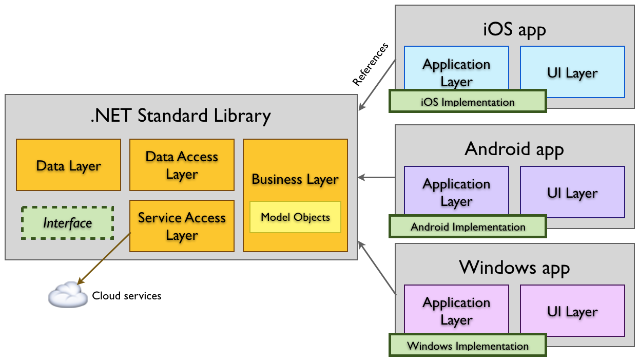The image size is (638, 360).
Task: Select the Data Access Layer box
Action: click(x=182, y=165)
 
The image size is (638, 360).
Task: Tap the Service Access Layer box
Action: click(x=182, y=226)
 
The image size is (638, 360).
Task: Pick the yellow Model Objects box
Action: click(x=295, y=217)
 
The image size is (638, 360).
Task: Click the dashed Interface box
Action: click(x=67, y=223)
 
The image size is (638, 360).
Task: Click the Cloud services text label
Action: click(x=126, y=296)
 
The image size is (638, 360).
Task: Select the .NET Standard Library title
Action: click(x=180, y=116)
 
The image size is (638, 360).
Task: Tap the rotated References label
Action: click(x=370, y=64)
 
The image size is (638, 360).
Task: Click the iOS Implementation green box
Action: click(x=468, y=101)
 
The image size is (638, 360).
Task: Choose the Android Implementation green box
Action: click(x=468, y=226)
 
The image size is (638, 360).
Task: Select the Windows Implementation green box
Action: click(x=468, y=345)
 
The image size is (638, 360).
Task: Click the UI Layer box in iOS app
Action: click(x=572, y=72)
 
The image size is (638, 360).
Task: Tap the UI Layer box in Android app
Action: click(x=572, y=193)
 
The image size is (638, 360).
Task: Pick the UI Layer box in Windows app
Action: click(x=572, y=311)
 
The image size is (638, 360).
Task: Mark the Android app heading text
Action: click(x=514, y=149)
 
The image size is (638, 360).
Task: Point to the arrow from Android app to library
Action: click(x=377, y=178)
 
